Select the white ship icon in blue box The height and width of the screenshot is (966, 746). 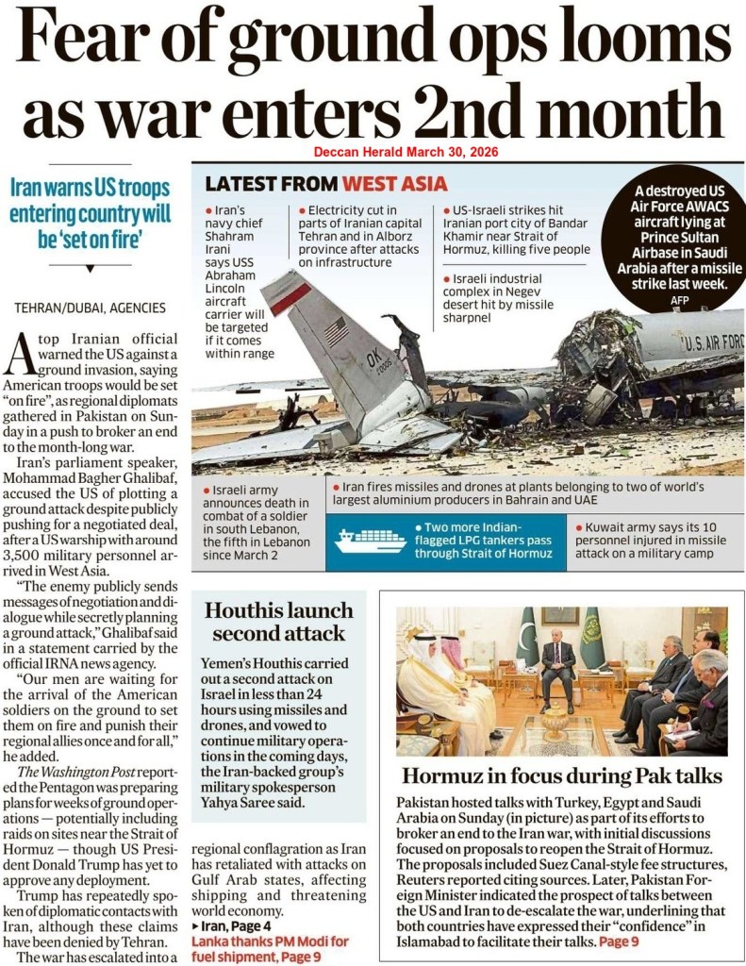coord(369,541)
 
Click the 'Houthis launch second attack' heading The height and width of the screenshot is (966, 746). coord(279,620)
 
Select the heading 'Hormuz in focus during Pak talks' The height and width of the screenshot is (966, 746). coord(562,775)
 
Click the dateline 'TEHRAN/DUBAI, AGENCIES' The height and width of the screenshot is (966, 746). coord(90,308)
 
